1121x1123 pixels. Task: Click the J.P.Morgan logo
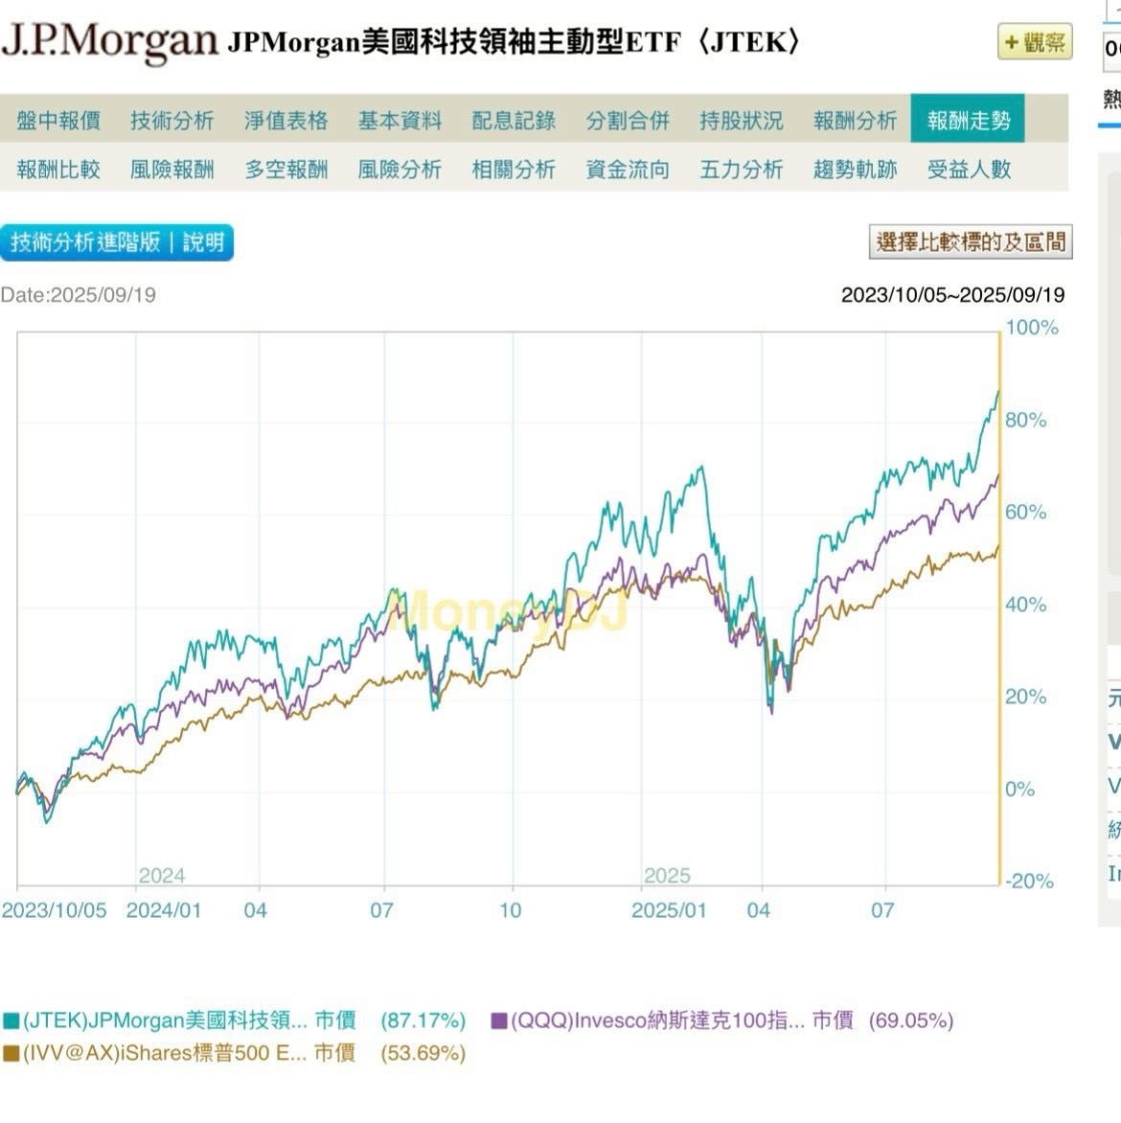click(109, 42)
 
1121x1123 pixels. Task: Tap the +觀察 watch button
click(1035, 43)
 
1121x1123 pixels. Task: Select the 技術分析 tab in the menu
click(172, 121)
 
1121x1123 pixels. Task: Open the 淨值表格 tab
click(286, 121)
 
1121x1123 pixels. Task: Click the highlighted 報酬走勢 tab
click(968, 121)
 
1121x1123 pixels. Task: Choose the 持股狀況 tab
click(741, 121)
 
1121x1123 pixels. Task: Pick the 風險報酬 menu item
click(172, 170)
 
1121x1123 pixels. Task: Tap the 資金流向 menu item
click(628, 170)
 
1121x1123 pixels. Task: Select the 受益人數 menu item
click(969, 170)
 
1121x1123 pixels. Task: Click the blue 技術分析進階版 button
click(116, 242)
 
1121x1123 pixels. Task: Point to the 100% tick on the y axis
click(1032, 328)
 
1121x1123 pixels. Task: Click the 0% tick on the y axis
click(1020, 790)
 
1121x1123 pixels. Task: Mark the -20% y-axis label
click(1028, 882)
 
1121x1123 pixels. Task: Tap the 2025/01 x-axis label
click(669, 910)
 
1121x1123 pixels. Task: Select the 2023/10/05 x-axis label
click(55, 910)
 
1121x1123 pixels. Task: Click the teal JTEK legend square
click(11, 1021)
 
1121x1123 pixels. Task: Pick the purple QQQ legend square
click(499, 1021)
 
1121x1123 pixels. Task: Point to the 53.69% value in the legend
click(423, 1054)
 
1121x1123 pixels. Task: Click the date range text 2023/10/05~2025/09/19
click(952, 295)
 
